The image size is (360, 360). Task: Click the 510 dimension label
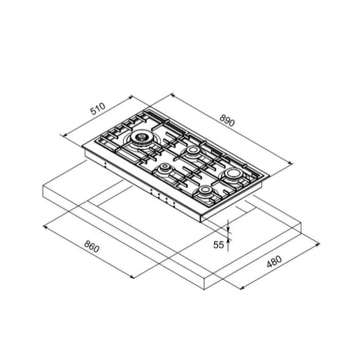(x=98, y=109)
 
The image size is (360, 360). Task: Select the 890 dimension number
(x=227, y=120)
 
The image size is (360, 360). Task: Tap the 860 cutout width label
(x=92, y=246)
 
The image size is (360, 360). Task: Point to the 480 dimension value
(x=274, y=261)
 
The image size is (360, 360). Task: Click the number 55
(x=219, y=245)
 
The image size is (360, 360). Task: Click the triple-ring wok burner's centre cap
(x=140, y=137)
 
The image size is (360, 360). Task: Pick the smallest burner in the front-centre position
(x=165, y=167)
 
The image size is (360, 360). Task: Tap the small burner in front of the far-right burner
(x=205, y=190)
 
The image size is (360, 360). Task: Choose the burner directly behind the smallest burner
(x=192, y=151)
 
